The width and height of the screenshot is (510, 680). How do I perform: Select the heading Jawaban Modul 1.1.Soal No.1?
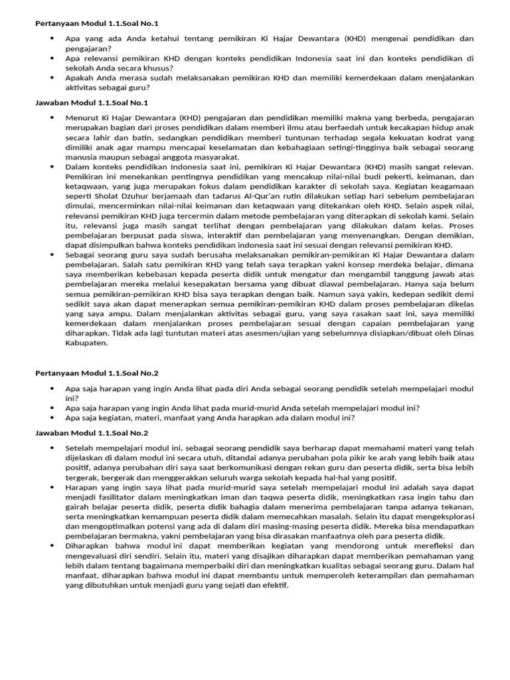[x=92, y=103]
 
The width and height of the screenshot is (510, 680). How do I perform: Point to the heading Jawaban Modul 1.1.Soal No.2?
[x=92, y=433]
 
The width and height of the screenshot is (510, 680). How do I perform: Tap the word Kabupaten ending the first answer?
[x=86, y=343]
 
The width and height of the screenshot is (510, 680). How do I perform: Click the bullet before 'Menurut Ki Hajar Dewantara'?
[x=52, y=118]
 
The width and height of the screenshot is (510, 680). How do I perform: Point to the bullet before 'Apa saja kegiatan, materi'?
[x=52, y=418]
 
